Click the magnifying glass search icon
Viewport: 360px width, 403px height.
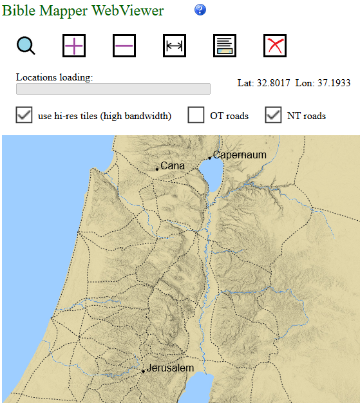point(26,46)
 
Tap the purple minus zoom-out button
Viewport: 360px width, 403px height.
point(124,46)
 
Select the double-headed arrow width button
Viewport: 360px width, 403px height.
point(175,46)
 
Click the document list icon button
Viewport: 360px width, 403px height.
point(225,46)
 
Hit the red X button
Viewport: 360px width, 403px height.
point(275,46)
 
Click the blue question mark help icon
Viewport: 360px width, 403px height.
point(200,10)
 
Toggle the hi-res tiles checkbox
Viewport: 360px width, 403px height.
point(24,115)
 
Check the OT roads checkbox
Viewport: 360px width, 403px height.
point(196,115)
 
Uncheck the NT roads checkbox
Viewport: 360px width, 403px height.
point(274,115)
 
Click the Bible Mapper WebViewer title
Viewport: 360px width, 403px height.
point(83,10)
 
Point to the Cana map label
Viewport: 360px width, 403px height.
point(173,166)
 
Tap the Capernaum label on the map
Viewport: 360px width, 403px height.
point(240,155)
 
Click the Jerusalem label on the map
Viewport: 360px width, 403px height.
point(170,368)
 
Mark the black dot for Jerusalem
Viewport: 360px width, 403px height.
point(143,371)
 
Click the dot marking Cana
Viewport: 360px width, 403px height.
point(157,169)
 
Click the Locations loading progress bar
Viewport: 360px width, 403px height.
point(113,89)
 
